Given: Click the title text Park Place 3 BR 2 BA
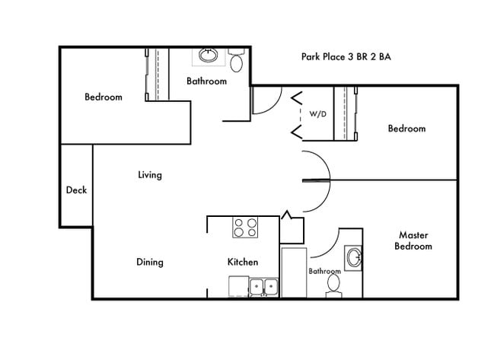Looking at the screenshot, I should pyautogui.click(x=346, y=57).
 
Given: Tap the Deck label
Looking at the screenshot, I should pyautogui.click(x=76, y=190).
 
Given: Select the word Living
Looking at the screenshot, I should pyautogui.click(x=149, y=175).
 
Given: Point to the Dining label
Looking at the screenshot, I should pyautogui.click(x=149, y=263).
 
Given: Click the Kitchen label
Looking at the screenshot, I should pyautogui.click(x=243, y=263).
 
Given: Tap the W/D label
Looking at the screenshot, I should pyautogui.click(x=317, y=114).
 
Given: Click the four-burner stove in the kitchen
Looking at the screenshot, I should pyautogui.click(x=245, y=228).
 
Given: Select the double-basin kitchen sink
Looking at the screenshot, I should pyautogui.click(x=263, y=287).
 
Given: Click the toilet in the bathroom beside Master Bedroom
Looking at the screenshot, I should pyautogui.click(x=333, y=285).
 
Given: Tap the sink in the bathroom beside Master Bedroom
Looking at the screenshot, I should pyautogui.click(x=354, y=257).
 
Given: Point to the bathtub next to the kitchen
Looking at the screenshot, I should pyautogui.click(x=293, y=271).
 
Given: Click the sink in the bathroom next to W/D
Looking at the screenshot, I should pyautogui.click(x=208, y=56).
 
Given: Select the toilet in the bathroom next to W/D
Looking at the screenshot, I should pyautogui.click(x=237, y=60).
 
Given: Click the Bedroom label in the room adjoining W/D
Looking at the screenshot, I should pyautogui.click(x=406, y=129).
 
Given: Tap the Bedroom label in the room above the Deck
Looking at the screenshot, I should pyautogui.click(x=103, y=97).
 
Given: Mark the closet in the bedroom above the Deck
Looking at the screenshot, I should pyautogui.click(x=156, y=74).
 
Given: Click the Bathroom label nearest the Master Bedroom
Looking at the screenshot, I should pyautogui.click(x=324, y=271).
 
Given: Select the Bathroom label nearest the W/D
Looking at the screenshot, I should pyautogui.click(x=206, y=81).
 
